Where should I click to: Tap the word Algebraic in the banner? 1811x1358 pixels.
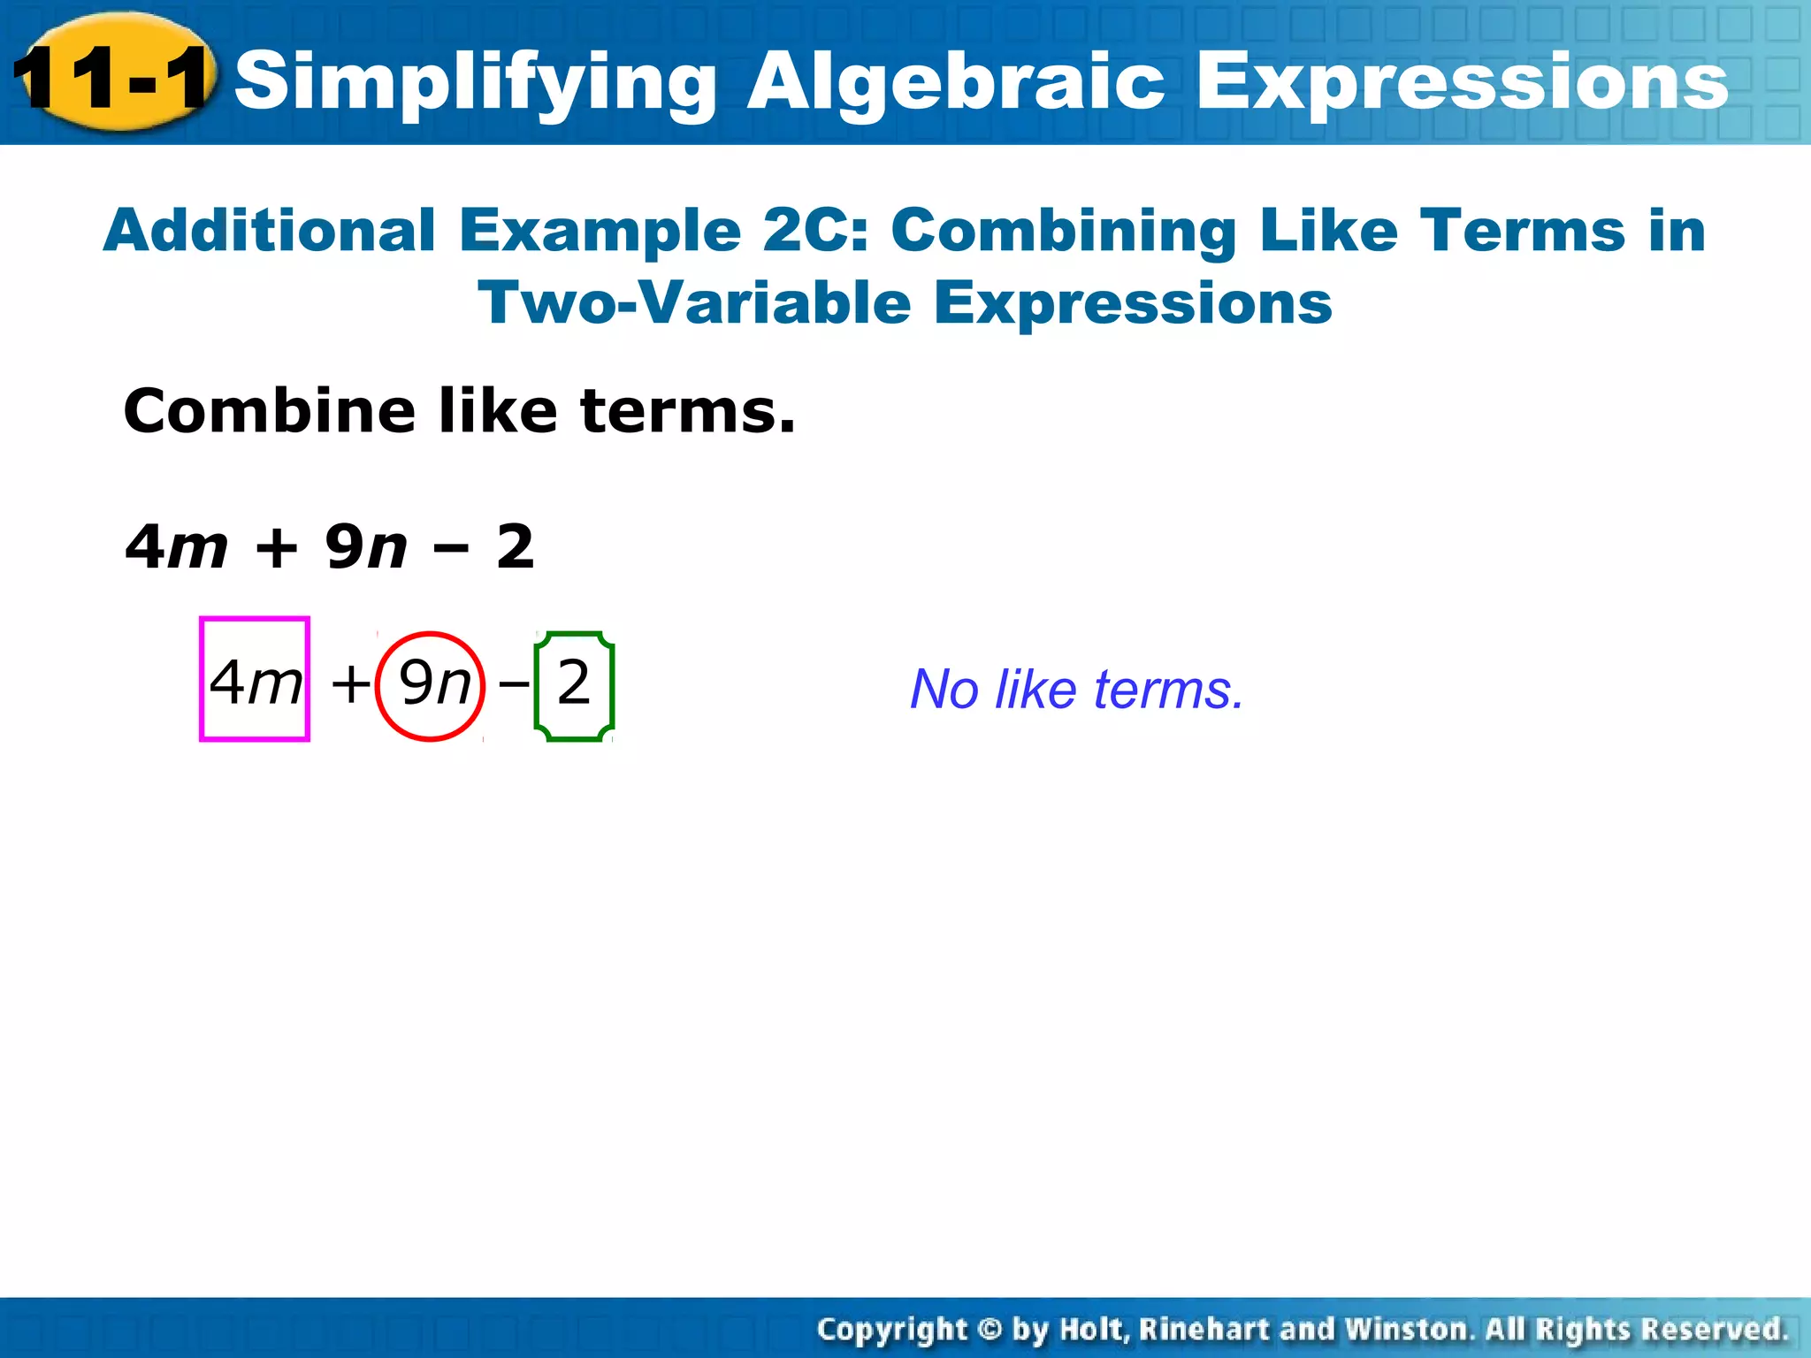point(955,81)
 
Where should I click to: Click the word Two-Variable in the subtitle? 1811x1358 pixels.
point(693,303)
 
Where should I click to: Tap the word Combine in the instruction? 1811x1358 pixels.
point(269,411)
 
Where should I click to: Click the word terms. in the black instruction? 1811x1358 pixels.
point(688,412)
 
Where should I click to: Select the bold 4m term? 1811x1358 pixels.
point(177,546)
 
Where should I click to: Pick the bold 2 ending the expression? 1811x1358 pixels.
point(516,546)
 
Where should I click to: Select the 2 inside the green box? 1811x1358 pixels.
point(574,683)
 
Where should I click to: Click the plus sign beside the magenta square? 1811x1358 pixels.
point(350,684)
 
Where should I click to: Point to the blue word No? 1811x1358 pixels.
point(944,690)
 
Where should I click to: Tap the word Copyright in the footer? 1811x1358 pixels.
point(892,1329)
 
